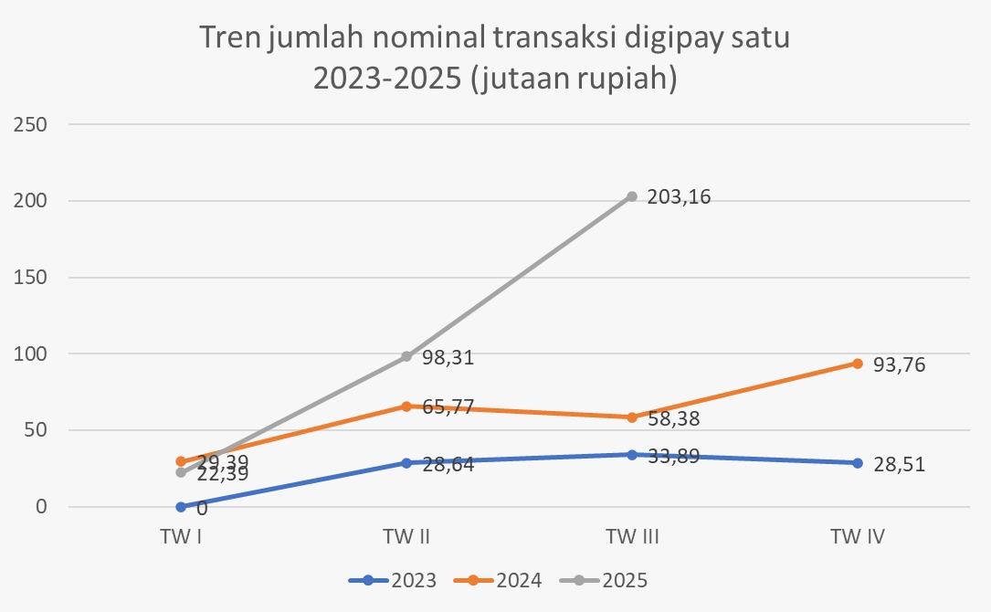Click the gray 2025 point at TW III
click(632, 196)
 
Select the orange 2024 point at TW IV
click(857, 364)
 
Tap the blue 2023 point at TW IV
click(857, 463)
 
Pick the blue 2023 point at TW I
click(181, 507)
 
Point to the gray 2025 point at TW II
click(406, 356)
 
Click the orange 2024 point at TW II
click(406, 406)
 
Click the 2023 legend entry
click(393, 579)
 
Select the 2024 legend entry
click(498, 579)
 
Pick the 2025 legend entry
click(604, 579)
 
